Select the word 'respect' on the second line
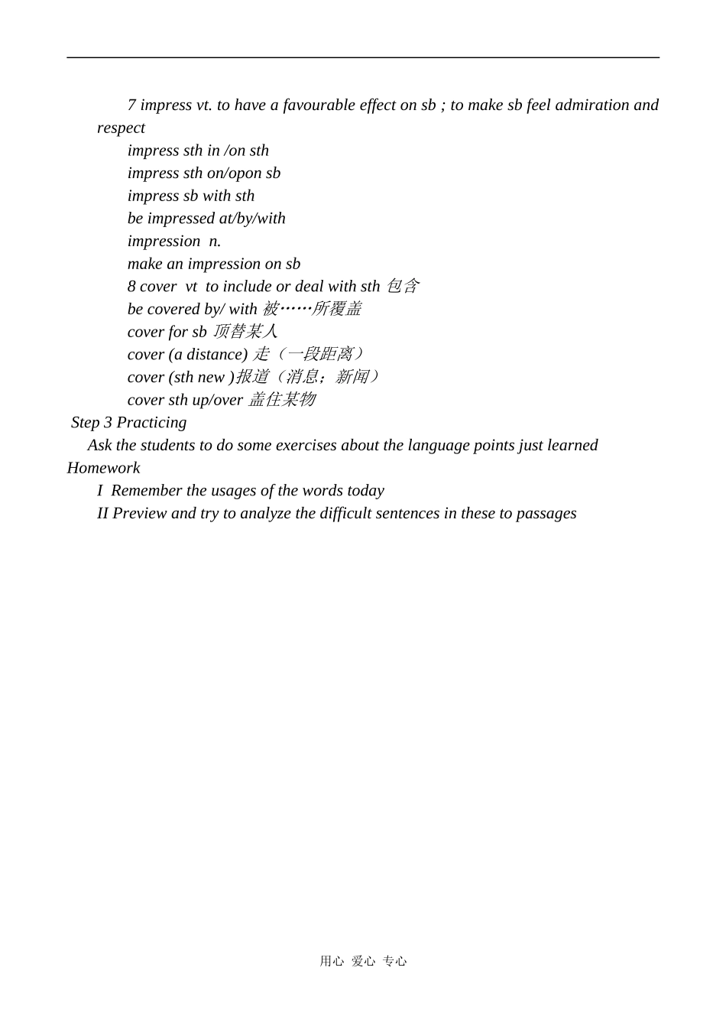point(121,128)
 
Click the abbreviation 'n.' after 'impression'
point(215,242)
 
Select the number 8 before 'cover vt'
point(131,287)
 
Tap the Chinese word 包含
point(402,287)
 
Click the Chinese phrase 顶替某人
point(245,332)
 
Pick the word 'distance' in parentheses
point(214,355)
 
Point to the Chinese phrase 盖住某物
point(282,400)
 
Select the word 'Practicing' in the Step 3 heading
point(151,423)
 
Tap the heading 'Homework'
point(103,468)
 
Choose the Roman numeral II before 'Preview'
point(102,514)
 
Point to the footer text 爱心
point(363,962)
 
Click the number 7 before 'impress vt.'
point(131,106)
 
